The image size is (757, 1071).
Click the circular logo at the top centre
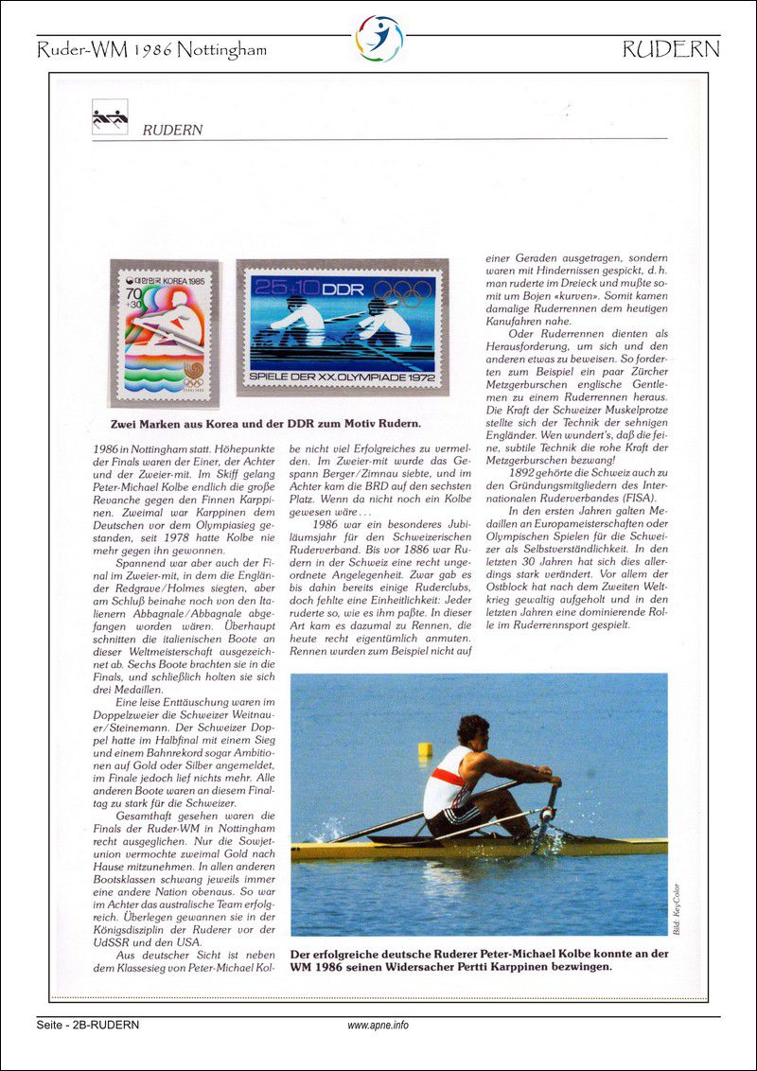coord(378,39)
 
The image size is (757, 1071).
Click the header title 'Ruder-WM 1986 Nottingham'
coord(151,50)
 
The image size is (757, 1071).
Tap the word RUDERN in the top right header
coord(671,50)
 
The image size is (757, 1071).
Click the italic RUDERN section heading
coord(172,131)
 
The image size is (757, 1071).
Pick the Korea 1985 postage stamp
coord(164,334)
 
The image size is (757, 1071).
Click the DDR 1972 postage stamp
coord(342,327)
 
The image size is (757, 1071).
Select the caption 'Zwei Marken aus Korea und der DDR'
coord(266,423)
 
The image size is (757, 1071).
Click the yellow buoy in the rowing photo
coord(425,749)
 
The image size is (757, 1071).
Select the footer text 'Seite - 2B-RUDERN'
coord(88,1026)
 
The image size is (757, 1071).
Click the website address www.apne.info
coord(378,1026)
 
